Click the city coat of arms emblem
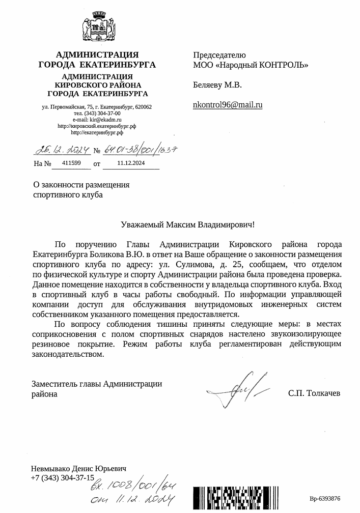(x=97, y=26)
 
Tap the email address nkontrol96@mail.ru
(x=228, y=105)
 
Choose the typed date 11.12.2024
(x=131, y=163)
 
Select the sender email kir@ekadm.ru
(x=106, y=119)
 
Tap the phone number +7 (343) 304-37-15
(x=63, y=478)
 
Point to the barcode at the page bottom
(x=244, y=499)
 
